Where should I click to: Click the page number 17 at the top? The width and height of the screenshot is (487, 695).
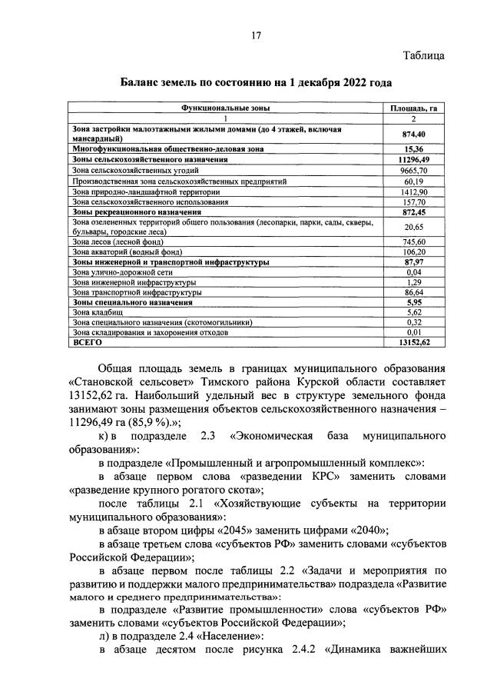[257, 35]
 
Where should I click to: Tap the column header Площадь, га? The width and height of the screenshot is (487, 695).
[413, 109]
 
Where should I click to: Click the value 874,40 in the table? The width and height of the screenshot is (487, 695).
[413, 134]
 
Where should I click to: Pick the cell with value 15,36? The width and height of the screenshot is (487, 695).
[413, 148]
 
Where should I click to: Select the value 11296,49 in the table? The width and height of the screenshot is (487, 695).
[413, 158]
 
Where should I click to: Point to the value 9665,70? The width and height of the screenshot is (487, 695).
[413, 169]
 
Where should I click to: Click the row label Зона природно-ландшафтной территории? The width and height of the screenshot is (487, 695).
[137, 191]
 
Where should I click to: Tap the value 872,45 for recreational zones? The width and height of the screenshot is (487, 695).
[413, 211]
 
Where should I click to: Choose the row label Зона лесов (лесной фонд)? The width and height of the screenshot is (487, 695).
[118, 241]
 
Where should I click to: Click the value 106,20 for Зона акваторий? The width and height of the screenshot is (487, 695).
[413, 251]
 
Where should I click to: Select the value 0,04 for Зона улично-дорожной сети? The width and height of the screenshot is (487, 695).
[413, 272]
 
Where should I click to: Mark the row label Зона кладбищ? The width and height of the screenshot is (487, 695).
[93, 314]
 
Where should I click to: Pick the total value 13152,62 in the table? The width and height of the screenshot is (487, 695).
[413, 344]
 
